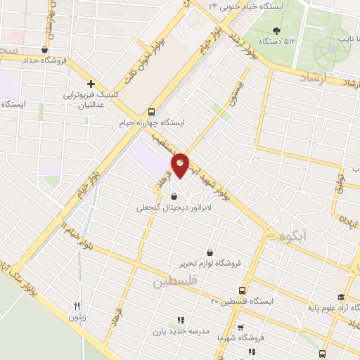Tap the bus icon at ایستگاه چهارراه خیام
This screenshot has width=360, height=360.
click(x=151, y=112)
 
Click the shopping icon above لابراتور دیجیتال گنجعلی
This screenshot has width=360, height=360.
click(x=174, y=197)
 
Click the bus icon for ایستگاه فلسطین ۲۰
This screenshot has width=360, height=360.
click(x=243, y=290)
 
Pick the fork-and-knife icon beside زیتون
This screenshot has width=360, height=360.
click(x=78, y=306)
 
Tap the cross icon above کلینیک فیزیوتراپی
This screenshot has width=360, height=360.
click(x=91, y=83)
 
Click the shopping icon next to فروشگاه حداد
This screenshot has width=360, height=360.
click(x=45, y=50)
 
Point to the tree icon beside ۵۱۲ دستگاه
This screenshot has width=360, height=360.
click(x=276, y=30)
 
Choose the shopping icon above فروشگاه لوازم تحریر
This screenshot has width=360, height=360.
click(x=210, y=252)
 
